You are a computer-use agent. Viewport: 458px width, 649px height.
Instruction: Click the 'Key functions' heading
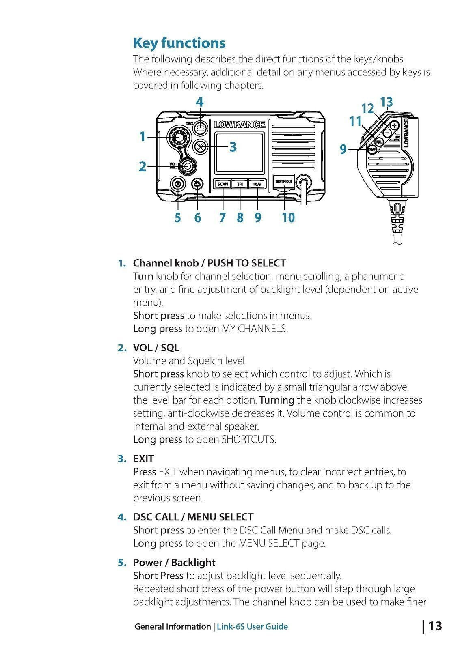click(x=179, y=43)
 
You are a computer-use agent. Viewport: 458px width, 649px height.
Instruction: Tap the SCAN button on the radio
click(x=223, y=184)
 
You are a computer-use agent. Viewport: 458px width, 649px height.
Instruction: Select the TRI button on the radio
click(x=240, y=184)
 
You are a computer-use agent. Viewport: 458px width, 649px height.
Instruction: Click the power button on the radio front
click(x=178, y=184)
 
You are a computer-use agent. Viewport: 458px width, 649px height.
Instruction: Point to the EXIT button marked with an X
click(x=200, y=147)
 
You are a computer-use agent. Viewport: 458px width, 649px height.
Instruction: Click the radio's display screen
click(x=240, y=153)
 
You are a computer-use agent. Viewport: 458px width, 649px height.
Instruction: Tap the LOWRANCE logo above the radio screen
click(x=240, y=125)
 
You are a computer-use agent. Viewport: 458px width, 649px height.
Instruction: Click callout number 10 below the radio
click(x=288, y=218)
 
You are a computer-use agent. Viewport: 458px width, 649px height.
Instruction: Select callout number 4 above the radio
click(x=199, y=102)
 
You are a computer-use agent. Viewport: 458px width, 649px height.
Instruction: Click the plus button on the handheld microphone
click(x=393, y=125)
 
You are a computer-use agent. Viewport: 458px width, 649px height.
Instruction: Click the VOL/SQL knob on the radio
click(x=188, y=165)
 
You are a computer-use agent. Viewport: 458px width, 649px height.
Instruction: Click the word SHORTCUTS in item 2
click(x=248, y=439)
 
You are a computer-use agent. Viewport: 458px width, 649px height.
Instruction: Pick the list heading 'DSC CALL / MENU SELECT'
click(x=193, y=517)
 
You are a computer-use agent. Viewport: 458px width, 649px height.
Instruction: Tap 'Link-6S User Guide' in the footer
click(x=252, y=626)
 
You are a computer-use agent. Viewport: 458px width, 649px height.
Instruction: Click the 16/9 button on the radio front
click(x=257, y=184)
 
